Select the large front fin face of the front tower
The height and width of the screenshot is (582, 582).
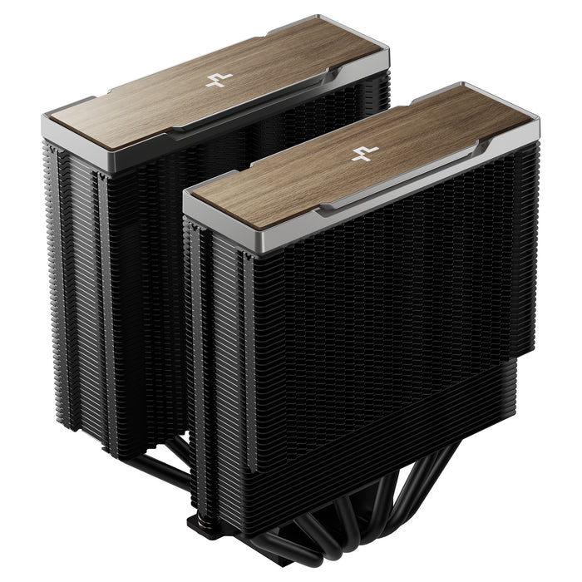tap(382, 333)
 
